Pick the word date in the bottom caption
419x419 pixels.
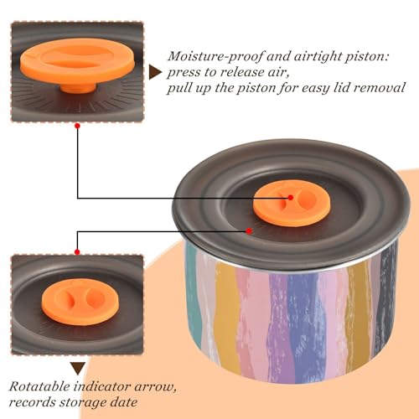pos(124,402)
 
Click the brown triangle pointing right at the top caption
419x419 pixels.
pos(155,73)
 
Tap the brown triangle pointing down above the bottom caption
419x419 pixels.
pos(78,369)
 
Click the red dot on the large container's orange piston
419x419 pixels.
pos(291,198)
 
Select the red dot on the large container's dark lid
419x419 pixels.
pos(249,231)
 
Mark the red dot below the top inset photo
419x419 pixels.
pos(78,126)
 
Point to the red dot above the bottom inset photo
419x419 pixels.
pos(77,252)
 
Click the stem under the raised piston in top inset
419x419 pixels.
pos(78,87)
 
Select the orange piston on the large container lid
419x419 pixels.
pos(292,203)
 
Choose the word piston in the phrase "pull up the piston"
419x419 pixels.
pos(256,88)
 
